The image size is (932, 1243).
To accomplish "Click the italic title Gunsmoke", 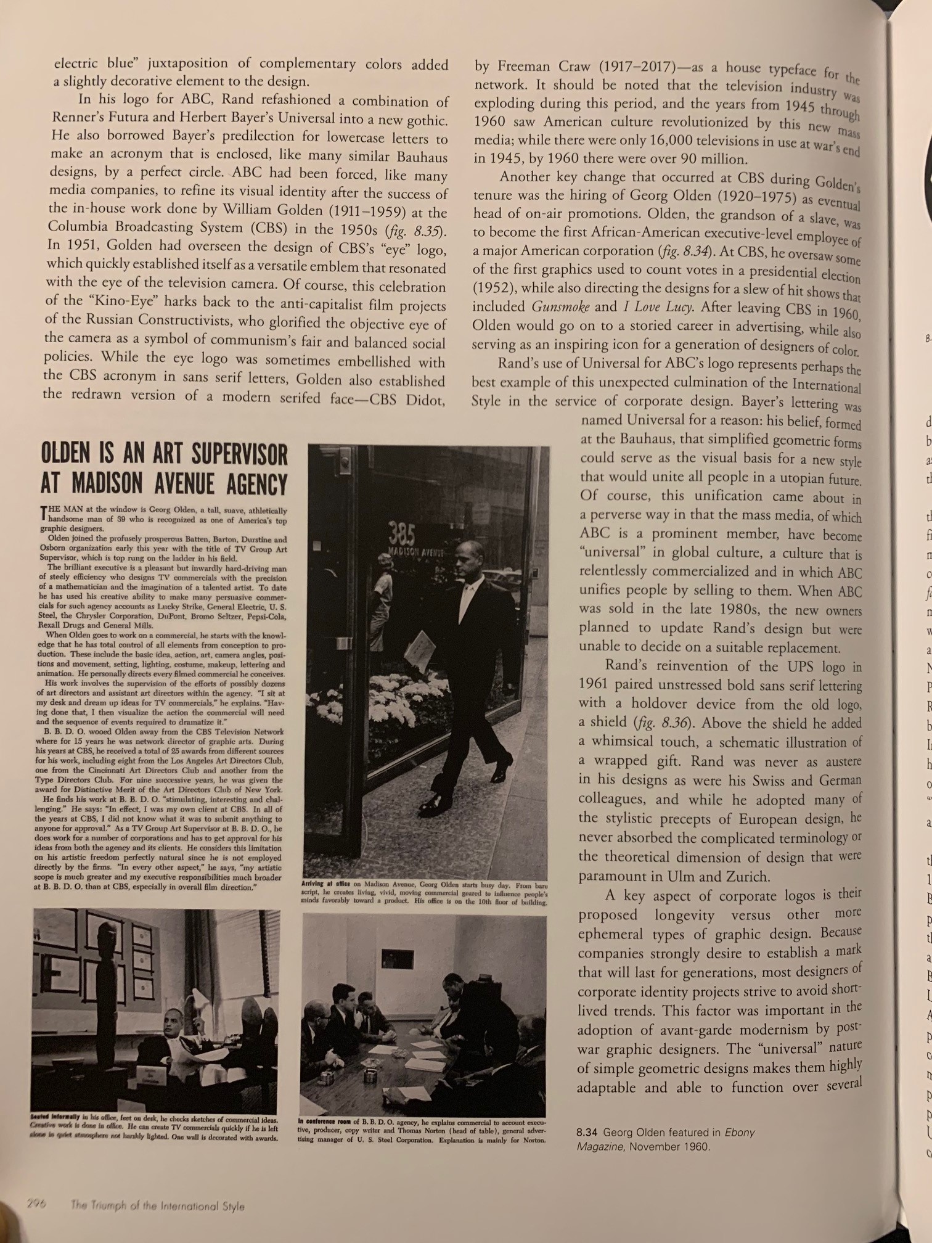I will [x=560, y=307].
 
